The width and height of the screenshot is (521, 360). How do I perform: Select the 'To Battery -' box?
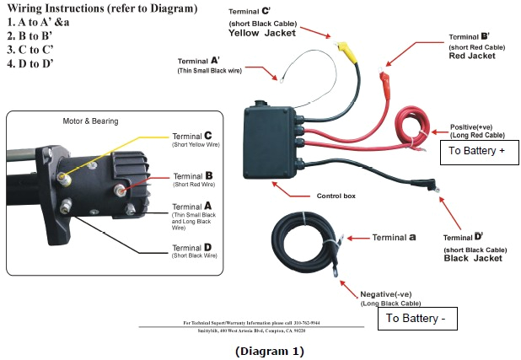coord(420,319)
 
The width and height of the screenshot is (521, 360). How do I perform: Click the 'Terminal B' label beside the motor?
coord(191,176)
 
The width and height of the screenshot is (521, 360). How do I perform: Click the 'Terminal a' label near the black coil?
coord(388,237)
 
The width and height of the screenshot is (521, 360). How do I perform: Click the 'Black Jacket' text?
coord(473,258)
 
